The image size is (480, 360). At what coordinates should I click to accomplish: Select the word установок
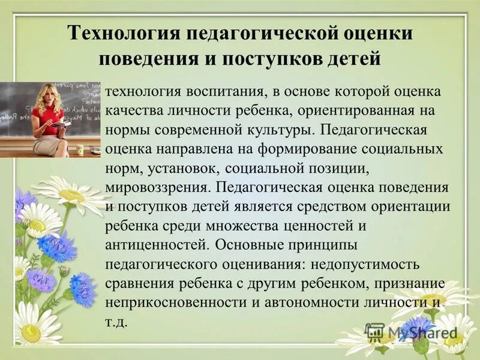(x=180, y=167)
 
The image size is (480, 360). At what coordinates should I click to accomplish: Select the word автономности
(x=307, y=302)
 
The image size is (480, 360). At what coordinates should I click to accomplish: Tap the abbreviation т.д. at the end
(x=116, y=321)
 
